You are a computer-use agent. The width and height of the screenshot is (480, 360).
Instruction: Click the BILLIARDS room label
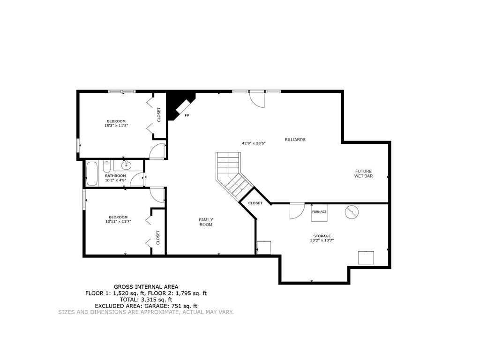[295, 140]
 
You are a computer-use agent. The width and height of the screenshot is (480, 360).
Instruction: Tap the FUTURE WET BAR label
[363, 173]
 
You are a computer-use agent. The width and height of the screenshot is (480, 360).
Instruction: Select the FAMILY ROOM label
[206, 222]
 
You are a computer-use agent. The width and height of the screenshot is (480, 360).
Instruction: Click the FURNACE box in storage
[319, 212]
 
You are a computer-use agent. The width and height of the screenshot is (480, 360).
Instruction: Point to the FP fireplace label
[187, 115]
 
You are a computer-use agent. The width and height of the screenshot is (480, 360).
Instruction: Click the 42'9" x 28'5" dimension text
[254, 143]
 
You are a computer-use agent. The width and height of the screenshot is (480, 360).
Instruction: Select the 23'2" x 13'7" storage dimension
[322, 240]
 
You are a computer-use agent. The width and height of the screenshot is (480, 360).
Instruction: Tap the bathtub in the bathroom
[92, 173]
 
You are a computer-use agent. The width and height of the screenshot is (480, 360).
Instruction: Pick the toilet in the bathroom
[106, 167]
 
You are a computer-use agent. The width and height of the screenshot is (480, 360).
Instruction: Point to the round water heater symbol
[352, 212]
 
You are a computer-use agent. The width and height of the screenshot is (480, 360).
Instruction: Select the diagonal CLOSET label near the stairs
[255, 203]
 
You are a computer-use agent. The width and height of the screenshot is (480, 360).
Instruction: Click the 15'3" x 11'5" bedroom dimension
[116, 126]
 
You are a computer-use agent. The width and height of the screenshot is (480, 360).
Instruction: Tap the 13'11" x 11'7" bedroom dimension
[118, 221]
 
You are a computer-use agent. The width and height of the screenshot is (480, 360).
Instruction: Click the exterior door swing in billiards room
[256, 99]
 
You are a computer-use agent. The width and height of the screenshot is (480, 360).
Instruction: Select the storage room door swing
[297, 211]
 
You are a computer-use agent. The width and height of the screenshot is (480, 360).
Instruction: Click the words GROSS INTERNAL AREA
[146, 287]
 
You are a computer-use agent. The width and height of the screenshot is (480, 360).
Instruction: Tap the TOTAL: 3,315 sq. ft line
[146, 300]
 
